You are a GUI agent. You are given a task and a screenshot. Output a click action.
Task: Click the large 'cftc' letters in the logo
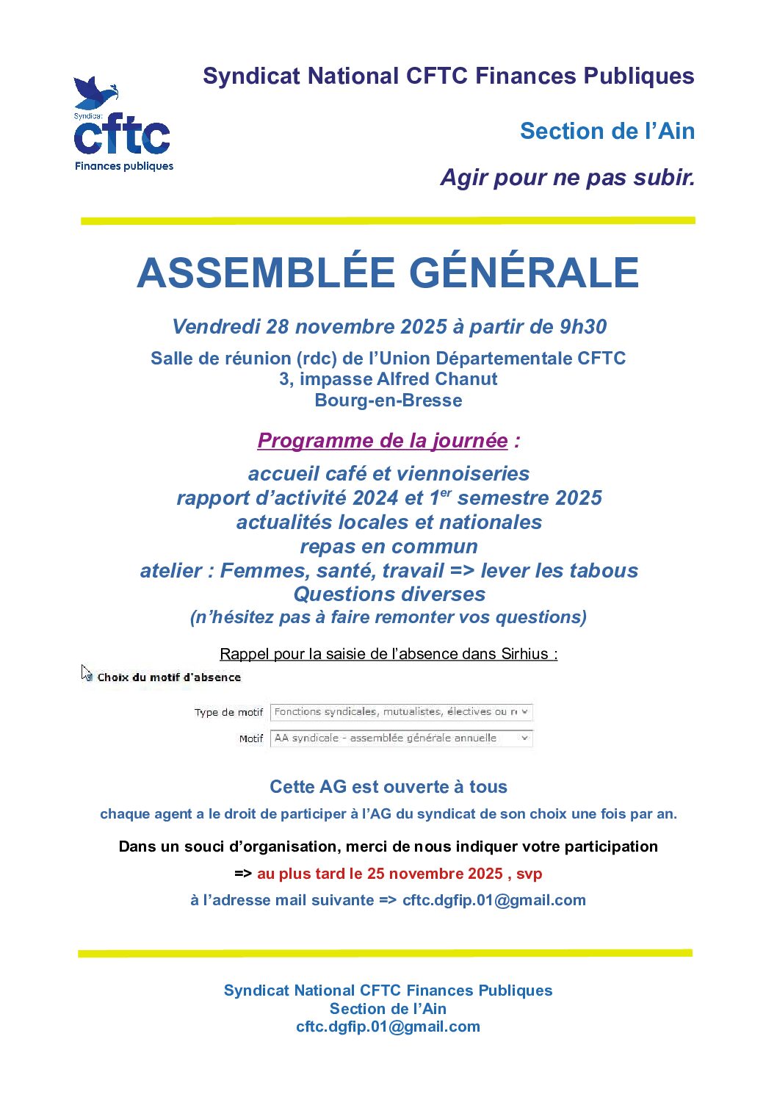pyautogui.click(x=122, y=135)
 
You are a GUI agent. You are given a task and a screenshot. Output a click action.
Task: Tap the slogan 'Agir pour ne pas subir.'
pyautogui.click(x=567, y=177)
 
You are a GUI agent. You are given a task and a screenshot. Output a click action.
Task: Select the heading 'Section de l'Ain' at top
pyautogui.click(x=607, y=131)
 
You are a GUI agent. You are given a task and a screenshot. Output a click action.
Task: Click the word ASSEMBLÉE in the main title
pyautogui.click(x=266, y=273)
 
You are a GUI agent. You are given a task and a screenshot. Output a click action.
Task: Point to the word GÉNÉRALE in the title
pyautogui.click(x=524, y=273)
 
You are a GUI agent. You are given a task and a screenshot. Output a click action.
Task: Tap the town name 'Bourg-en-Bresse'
pyautogui.click(x=388, y=400)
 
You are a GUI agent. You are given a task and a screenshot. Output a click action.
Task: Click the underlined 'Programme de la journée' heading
pyautogui.click(x=382, y=441)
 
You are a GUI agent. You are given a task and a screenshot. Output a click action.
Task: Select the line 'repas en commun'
pyautogui.click(x=388, y=547)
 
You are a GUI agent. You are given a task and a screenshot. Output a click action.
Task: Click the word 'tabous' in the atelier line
pyautogui.click(x=601, y=571)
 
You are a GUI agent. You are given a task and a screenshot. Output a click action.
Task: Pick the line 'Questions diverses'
pyautogui.click(x=389, y=594)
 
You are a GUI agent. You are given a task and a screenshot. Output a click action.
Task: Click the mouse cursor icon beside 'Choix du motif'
pyautogui.click(x=87, y=672)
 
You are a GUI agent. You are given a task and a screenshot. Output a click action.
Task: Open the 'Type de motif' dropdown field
pyautogui.click(x=400, y=712)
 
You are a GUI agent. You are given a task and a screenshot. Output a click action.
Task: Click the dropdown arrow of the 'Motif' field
pyautogui.click(x=524, y=738)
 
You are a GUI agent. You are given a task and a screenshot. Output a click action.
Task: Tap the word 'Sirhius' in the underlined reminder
pyautogui.click(x=524, y=654)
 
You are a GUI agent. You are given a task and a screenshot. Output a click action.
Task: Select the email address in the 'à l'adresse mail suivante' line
pyautogui.click(x=494, y=900)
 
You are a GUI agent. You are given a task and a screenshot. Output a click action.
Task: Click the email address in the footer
pyautogui.click(x=388, y=1027)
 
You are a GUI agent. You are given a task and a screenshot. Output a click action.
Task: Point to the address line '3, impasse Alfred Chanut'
pyautogui.click(x=388, y=379)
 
